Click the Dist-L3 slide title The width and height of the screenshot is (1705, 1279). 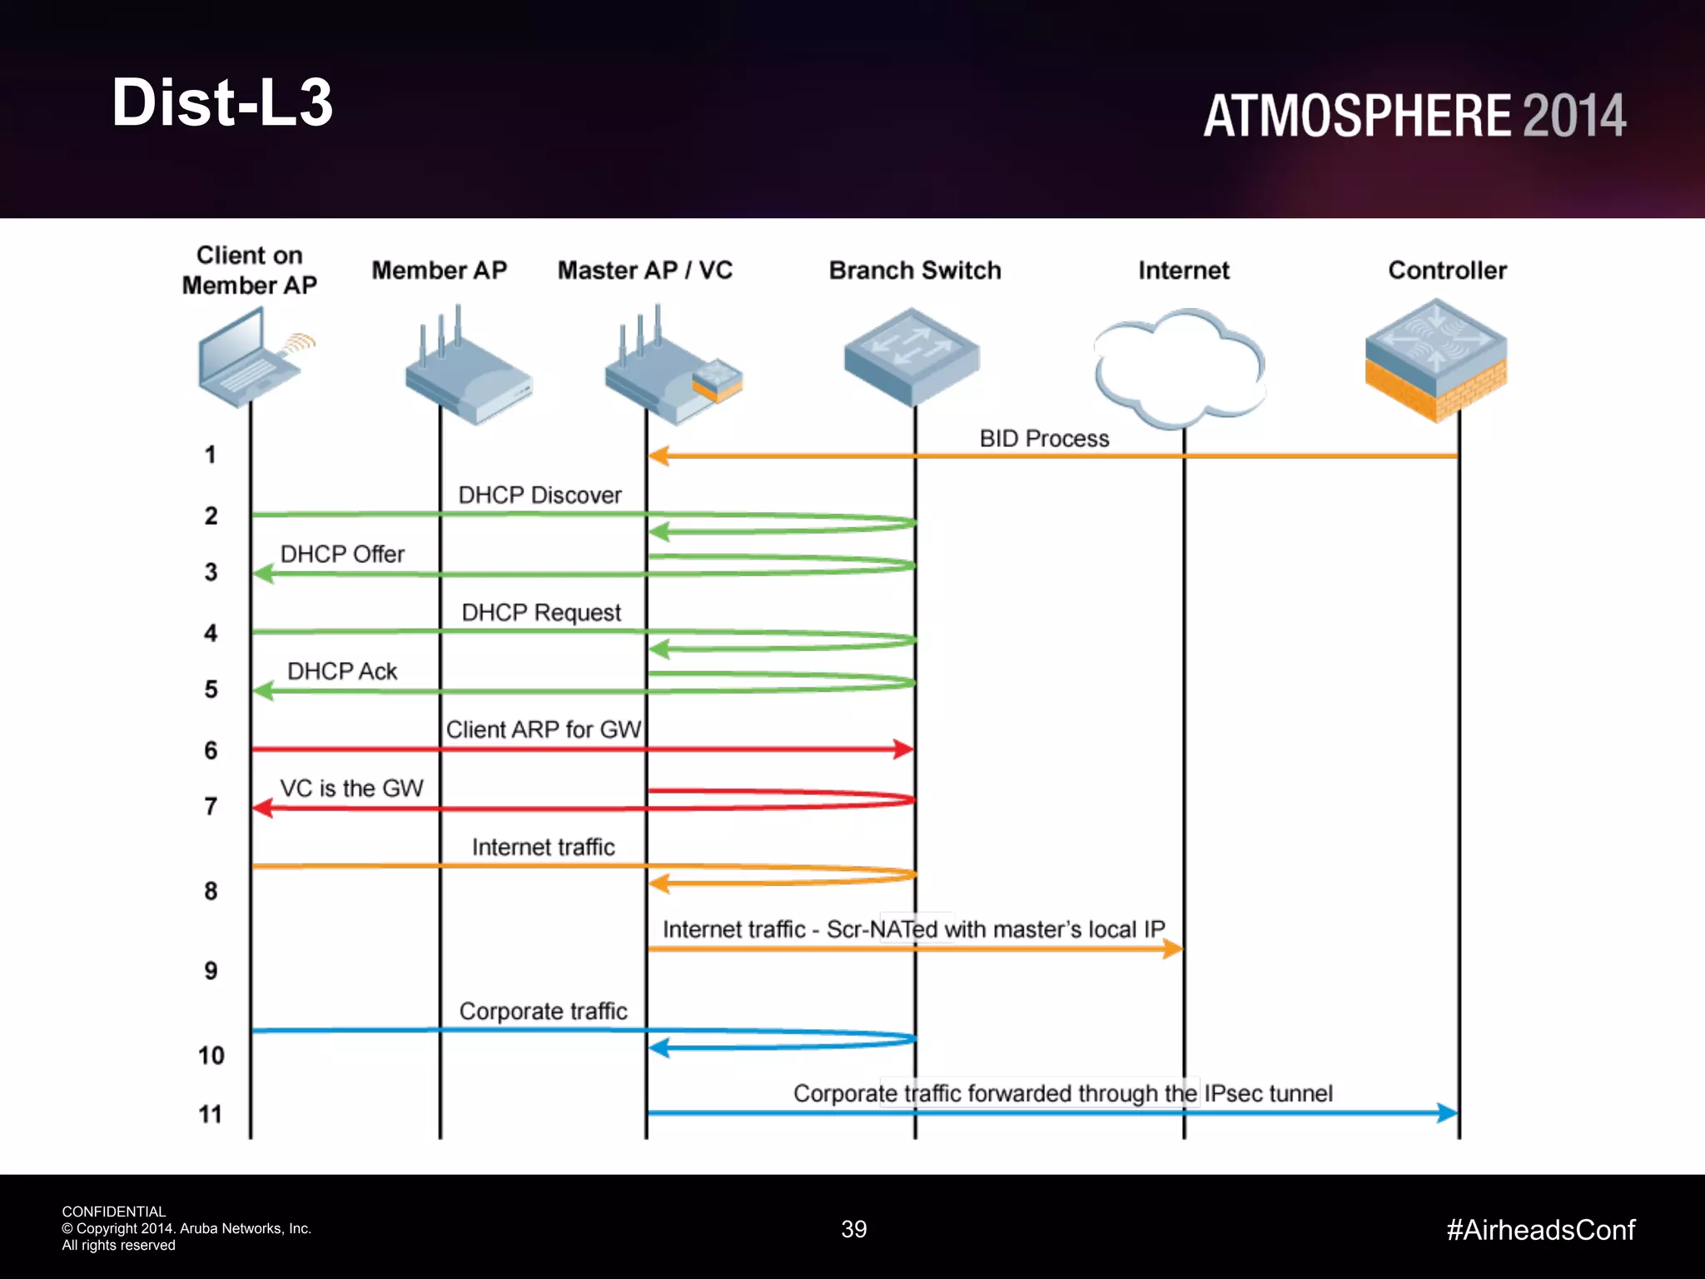tap(222, 102)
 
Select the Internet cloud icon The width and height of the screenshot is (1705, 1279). tap(1181, 366)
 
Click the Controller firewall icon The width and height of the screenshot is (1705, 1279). tap(1436, 361)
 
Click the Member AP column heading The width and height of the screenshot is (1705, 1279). tap(439, 271)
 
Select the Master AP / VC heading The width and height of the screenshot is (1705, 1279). tap(644, 271)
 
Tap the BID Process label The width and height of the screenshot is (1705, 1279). tap(1044, 439)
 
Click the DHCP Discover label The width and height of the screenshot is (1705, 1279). tap(539, 495)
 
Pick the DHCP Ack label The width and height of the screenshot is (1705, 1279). tap(342, 671)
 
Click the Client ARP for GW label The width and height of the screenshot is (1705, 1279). tap(543, 729)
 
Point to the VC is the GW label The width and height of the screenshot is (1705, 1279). tap(351, 789)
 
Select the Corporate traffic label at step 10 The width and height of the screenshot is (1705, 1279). tap(543, 1011)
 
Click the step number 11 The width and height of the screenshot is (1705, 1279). tap(211, 1114)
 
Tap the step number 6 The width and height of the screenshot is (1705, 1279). tap(211, 750)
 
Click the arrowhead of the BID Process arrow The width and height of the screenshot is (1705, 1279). tap(659, 456)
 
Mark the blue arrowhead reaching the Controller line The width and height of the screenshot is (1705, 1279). tap(1448, 1112)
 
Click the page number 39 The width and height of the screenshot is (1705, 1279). tap(854, 1229)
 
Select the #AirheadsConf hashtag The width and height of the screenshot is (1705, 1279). tap(1540, 1230)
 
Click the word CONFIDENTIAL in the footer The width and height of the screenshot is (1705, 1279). tap(114, 1212)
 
